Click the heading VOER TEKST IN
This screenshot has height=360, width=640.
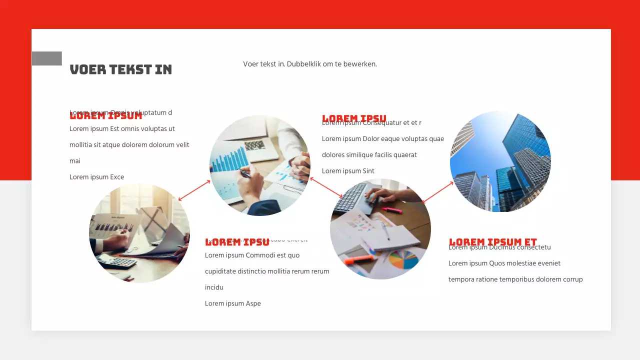(120, 69)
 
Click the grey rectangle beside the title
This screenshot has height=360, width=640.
(47, 58)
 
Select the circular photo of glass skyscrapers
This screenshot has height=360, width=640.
(500, 161)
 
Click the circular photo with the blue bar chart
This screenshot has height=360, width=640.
(259, 165)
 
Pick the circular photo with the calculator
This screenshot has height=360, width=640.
(139, 233)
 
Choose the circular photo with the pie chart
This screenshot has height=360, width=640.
(380, 229)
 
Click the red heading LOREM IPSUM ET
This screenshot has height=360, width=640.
(492, 242)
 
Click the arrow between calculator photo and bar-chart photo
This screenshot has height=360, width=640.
(194, 190)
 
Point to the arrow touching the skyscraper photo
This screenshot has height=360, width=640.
(437, 192)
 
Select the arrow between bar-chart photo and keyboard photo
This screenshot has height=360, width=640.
(326, 187)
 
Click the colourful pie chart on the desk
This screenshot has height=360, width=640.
(403, 259)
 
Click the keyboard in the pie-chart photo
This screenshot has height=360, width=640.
(352, 197)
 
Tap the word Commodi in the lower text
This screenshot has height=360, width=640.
(259, 255)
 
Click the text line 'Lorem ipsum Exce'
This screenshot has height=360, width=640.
(96, 177)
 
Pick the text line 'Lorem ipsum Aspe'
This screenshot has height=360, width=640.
(232, 303)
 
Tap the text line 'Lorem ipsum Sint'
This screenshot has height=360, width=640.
(348, 171)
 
